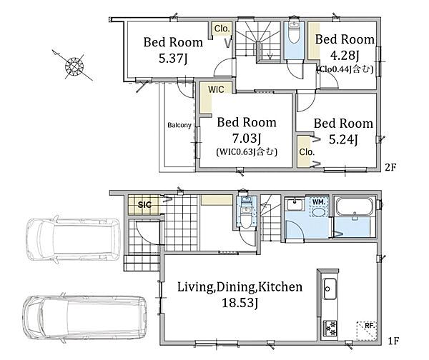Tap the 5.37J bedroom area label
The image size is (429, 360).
tap(173, 59)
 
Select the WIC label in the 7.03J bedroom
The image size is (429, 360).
tap(216, 89)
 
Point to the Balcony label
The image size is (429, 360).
tap(179, 125)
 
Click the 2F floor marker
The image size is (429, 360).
tap(390, 167)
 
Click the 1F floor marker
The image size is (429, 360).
tap(393, 341)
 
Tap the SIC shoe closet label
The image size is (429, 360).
tap(144, 204)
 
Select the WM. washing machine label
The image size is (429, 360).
tap(319, 202)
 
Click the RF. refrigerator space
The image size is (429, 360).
tap(367, 331)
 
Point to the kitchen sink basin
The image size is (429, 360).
tap(330, 289)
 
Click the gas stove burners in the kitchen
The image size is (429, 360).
tap(330, 329)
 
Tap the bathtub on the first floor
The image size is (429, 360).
tap(355, 207)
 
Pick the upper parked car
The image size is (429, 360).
tap(73, 239)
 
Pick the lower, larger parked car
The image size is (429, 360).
tap(85, 317)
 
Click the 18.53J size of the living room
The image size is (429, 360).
tap(240, 303)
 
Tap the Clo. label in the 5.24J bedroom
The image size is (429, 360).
tap(306, 151)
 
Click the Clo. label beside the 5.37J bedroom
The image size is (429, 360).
tap(222, 29)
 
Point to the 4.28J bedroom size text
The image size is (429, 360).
tap(344, 56)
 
